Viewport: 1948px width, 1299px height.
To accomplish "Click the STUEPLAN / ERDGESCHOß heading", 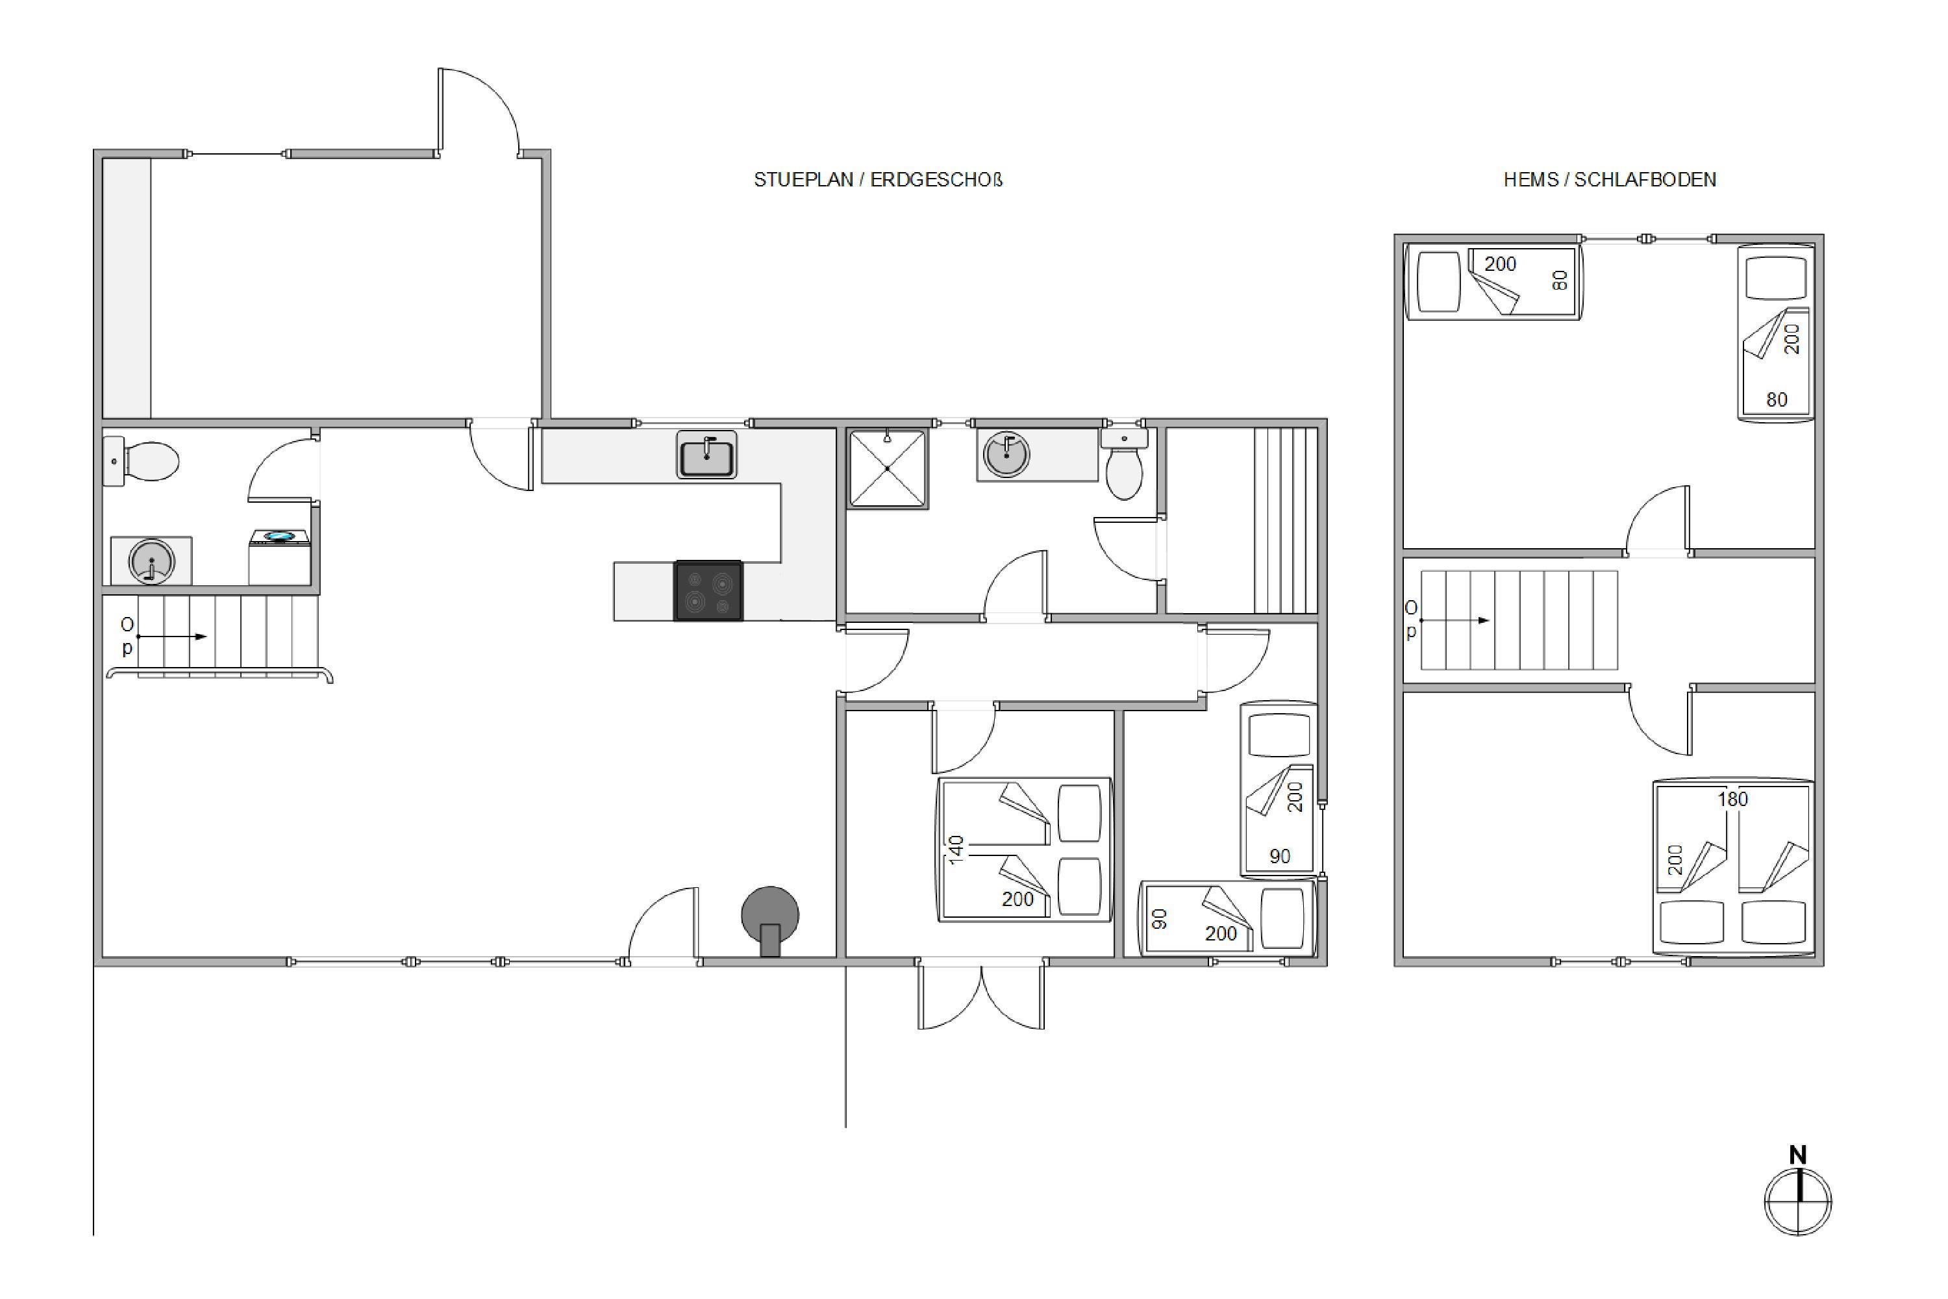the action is pos(878,180).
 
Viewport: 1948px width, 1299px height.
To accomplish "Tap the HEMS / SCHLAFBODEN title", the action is pos(1609,180).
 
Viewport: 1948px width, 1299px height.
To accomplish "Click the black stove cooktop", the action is pos(708,590).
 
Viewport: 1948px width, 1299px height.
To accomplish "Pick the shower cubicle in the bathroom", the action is pos(887,468).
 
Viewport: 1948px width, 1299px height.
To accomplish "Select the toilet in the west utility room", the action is pos(141,461).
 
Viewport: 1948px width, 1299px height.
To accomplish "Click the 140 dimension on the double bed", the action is pos(956,850).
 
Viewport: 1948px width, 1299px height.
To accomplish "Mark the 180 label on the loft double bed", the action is pos(1732,800).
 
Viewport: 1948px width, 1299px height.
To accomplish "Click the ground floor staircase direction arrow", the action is pos(171,637).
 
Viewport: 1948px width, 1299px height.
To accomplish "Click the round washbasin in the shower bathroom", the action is pos(1006,455).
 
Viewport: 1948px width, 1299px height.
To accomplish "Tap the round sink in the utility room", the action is pos(151,561).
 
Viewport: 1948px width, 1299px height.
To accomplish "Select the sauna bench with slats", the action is pos(1286,520).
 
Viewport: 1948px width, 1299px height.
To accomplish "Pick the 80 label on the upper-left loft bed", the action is pos(1560,281).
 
